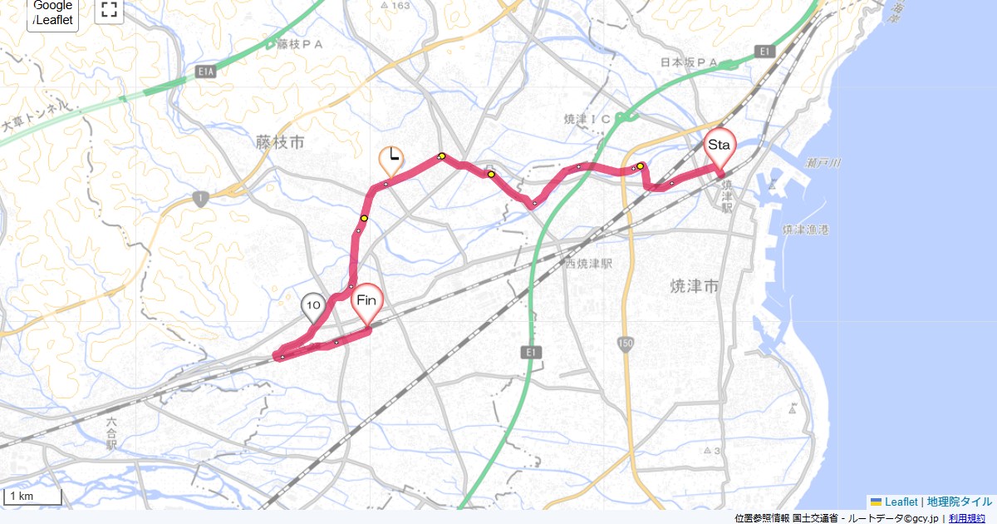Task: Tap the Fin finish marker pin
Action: click(366, 302)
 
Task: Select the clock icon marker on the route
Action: click(390, 159)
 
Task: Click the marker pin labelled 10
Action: click(313, 308)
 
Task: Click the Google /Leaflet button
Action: click(53, 13)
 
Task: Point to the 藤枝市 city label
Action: click(280, 143)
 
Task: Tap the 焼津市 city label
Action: click(694, 286)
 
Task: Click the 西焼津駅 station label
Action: click(588, 264)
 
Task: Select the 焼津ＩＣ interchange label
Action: click(587, 120)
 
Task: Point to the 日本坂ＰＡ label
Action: click(689, 62)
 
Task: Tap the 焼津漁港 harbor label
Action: click(806, 229)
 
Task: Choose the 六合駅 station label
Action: click(111, 434)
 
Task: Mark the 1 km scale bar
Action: click(32, 497)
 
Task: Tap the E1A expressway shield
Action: click(206, 73)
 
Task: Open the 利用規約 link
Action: click(969, 518)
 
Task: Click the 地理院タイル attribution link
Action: click(959, 502)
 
